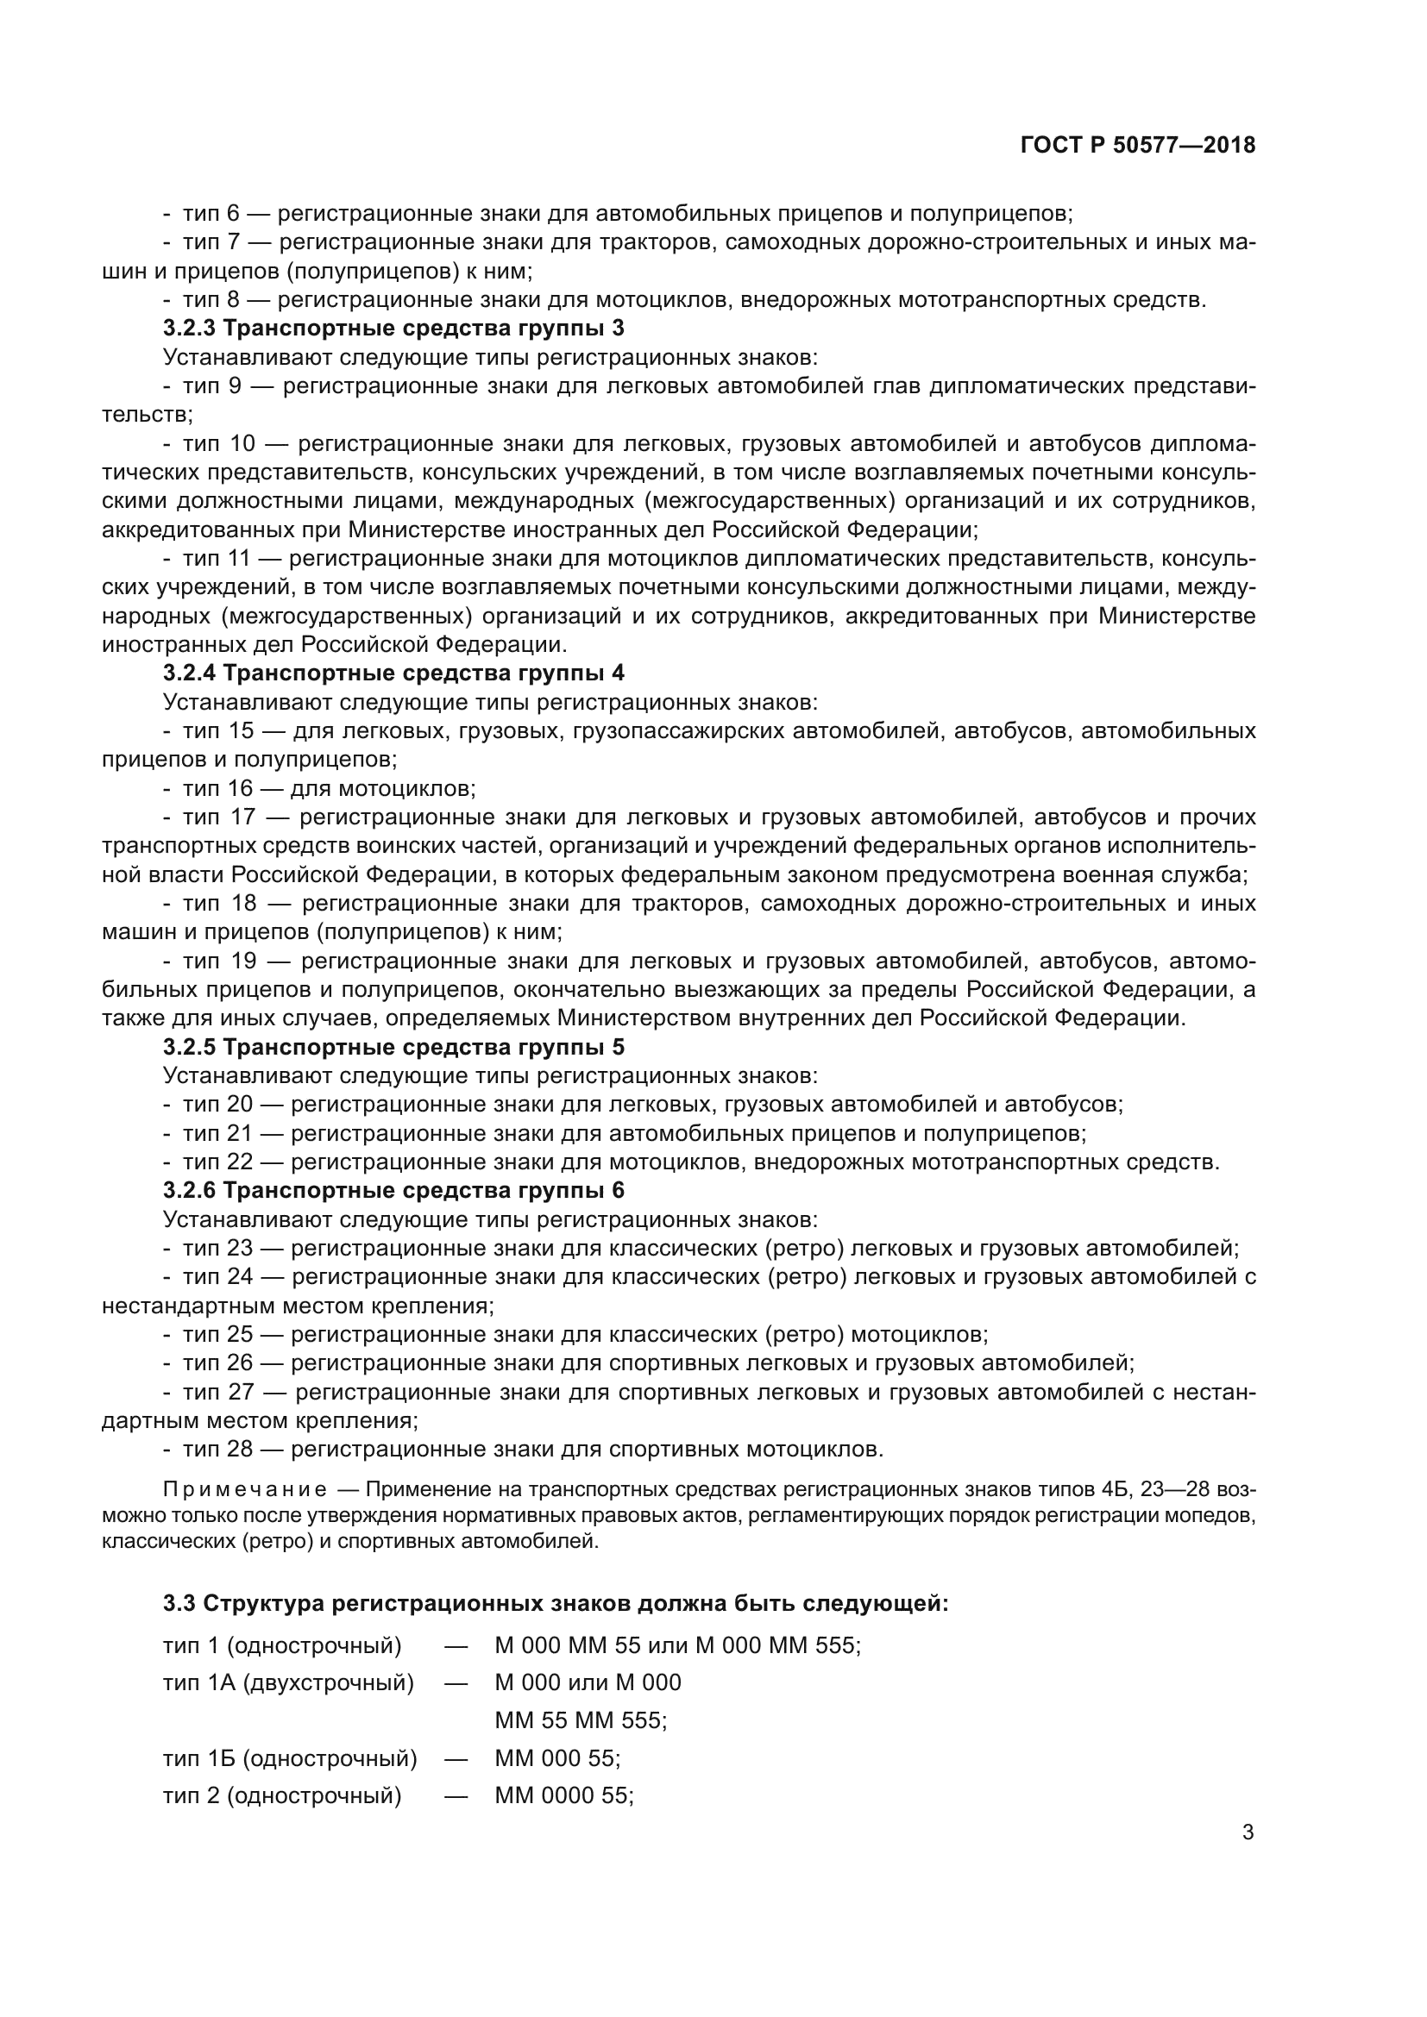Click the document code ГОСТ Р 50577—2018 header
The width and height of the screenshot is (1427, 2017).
1138,146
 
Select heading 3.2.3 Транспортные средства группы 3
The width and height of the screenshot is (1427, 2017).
393,329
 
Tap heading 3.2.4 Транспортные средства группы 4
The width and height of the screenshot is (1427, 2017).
393,673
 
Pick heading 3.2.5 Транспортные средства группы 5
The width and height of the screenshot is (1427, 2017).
393,1047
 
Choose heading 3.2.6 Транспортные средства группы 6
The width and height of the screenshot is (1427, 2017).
393,1190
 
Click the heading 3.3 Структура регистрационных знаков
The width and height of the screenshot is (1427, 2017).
556,1603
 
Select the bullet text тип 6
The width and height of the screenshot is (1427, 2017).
211,214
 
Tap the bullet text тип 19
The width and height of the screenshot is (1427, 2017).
218,961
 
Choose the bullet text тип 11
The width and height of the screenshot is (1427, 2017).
217,559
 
